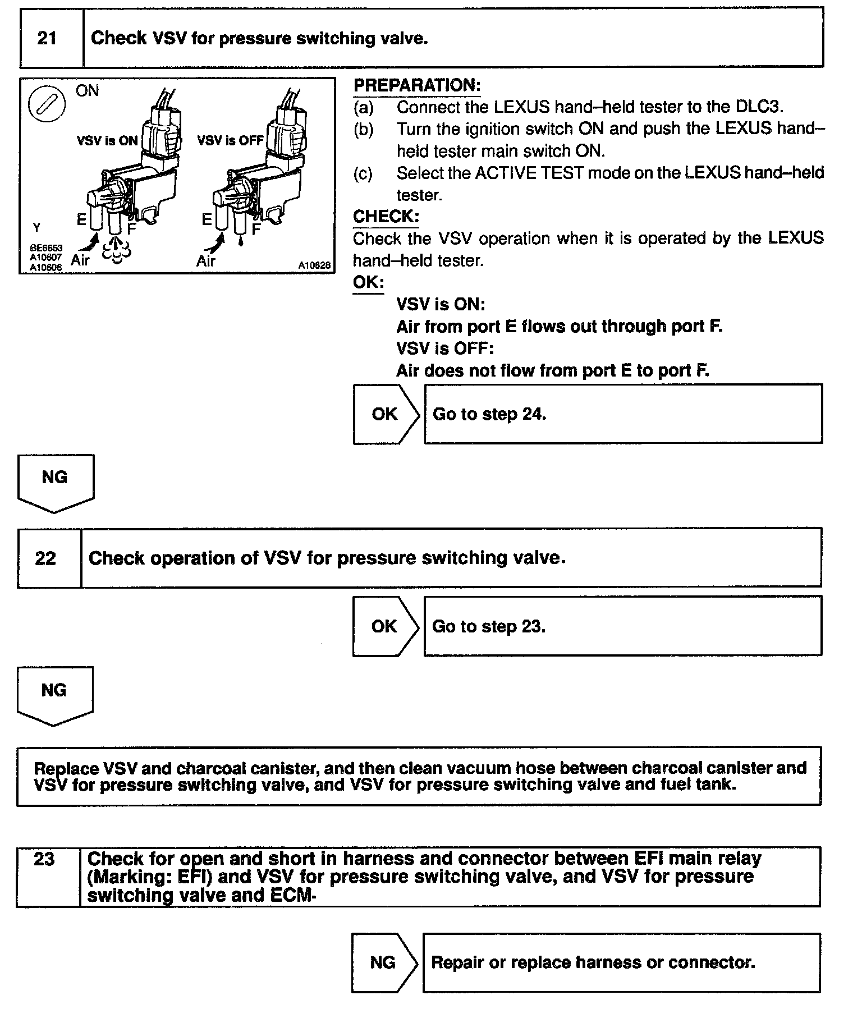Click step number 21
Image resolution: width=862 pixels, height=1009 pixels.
[47, 38]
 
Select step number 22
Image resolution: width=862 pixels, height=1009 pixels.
[45, 558]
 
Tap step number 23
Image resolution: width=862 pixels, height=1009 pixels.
[44, 859]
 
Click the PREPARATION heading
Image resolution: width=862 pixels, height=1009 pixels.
[417, 85]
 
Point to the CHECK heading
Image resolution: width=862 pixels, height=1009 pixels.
[386, 217]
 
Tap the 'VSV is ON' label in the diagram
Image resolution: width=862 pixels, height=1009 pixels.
[107, 141]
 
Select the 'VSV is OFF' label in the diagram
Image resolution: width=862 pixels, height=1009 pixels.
[230, 141]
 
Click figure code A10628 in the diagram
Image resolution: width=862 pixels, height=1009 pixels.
[314, 265]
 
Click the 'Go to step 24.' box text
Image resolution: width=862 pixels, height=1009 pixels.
[489, 415]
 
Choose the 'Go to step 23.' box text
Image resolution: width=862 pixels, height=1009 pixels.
[489, 627]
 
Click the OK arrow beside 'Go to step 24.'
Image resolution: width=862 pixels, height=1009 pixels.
[386, 415]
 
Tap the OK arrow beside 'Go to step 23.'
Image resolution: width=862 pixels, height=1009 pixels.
[385, 627]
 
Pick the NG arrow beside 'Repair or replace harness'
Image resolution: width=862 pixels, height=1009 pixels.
[384, 962]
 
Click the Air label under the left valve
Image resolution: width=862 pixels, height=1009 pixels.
[80, 260]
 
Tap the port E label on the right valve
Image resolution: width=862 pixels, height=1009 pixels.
[207, 221]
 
